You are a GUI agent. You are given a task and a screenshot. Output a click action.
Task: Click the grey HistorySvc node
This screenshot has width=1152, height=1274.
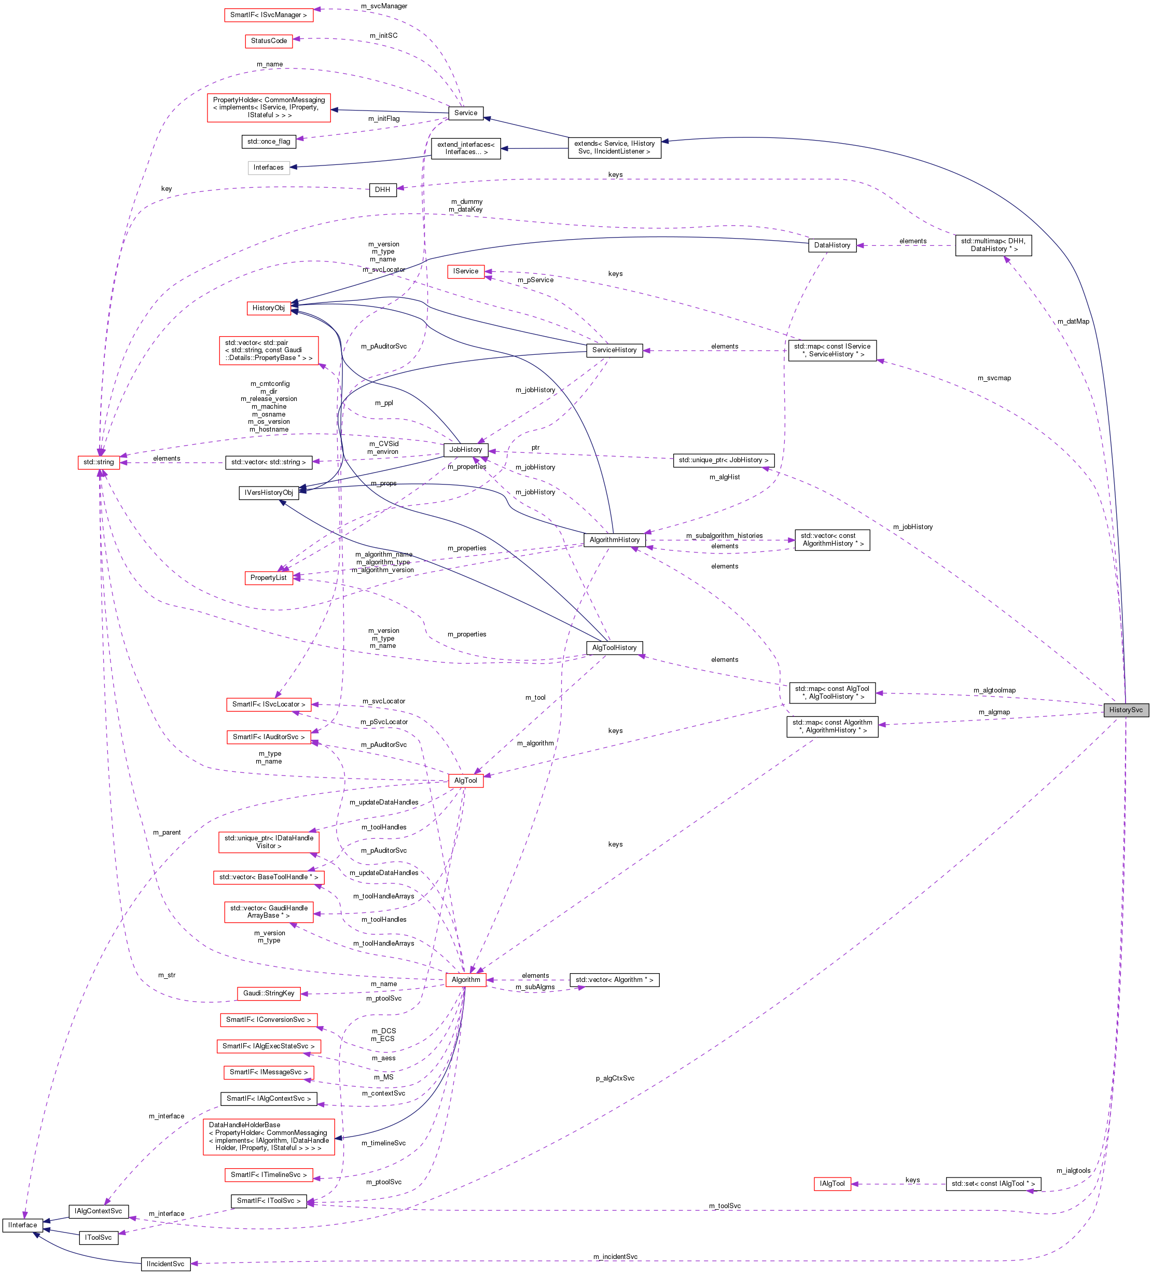1126,710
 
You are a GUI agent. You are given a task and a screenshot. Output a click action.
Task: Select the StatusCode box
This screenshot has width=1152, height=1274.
269,41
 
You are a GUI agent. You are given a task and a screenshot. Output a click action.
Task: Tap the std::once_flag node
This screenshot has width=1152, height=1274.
269,142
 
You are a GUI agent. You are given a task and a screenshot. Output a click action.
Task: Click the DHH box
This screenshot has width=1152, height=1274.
382,189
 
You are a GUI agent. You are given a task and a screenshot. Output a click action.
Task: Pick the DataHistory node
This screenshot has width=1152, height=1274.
831,245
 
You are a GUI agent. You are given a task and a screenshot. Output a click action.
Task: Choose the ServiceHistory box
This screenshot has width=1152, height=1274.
614,350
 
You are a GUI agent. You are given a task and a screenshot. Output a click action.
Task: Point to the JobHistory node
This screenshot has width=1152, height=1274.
466,450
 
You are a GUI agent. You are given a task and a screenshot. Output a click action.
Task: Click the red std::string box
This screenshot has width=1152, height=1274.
99,463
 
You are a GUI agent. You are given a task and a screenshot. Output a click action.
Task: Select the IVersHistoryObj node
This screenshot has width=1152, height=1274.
269,493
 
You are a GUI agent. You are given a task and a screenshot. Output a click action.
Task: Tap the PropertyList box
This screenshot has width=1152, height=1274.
269,577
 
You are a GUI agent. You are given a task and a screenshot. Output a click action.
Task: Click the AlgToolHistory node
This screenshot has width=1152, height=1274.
614,648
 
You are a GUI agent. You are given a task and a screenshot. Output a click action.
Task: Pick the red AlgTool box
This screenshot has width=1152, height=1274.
466,781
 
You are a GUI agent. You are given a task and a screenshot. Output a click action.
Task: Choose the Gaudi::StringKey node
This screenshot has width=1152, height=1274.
269,993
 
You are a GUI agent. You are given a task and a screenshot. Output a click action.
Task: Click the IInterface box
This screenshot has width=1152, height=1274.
23,1225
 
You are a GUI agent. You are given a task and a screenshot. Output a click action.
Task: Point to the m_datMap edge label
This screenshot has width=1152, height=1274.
1073,322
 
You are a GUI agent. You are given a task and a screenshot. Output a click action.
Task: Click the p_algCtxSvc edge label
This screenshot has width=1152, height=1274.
614,1078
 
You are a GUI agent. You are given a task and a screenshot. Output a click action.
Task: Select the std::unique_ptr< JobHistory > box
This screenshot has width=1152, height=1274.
723,460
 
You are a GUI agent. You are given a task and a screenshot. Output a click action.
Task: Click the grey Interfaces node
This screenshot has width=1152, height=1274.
269,168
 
